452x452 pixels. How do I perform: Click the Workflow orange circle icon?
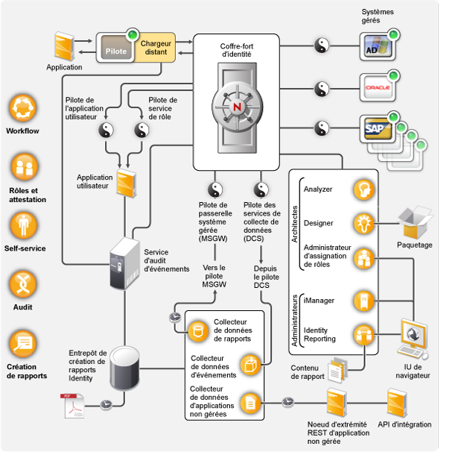pos(22,108)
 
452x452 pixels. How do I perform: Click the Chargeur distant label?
pos(157,48)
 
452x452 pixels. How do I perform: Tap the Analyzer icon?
pos(363,189)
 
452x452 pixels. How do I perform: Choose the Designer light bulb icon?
pos(363,222)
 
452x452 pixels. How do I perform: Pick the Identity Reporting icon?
pos(363,333)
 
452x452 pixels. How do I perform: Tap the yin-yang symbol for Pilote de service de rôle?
pos(141,131)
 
